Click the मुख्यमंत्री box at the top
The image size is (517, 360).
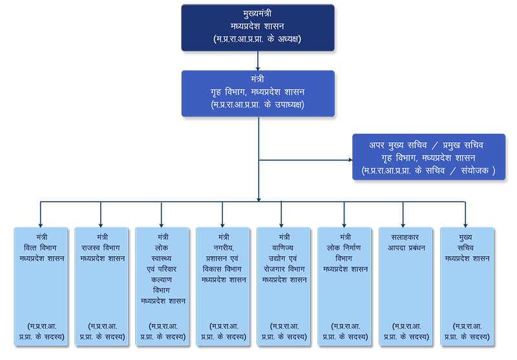257,27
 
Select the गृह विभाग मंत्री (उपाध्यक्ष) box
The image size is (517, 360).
257,93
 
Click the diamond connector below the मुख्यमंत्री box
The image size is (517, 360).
258,62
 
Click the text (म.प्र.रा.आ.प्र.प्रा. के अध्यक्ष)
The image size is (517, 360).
257,39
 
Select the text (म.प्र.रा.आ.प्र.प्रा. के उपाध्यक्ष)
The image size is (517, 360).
257,105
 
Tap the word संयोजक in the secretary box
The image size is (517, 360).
474,171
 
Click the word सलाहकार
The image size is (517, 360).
405,237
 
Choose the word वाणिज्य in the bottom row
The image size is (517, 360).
284,248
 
